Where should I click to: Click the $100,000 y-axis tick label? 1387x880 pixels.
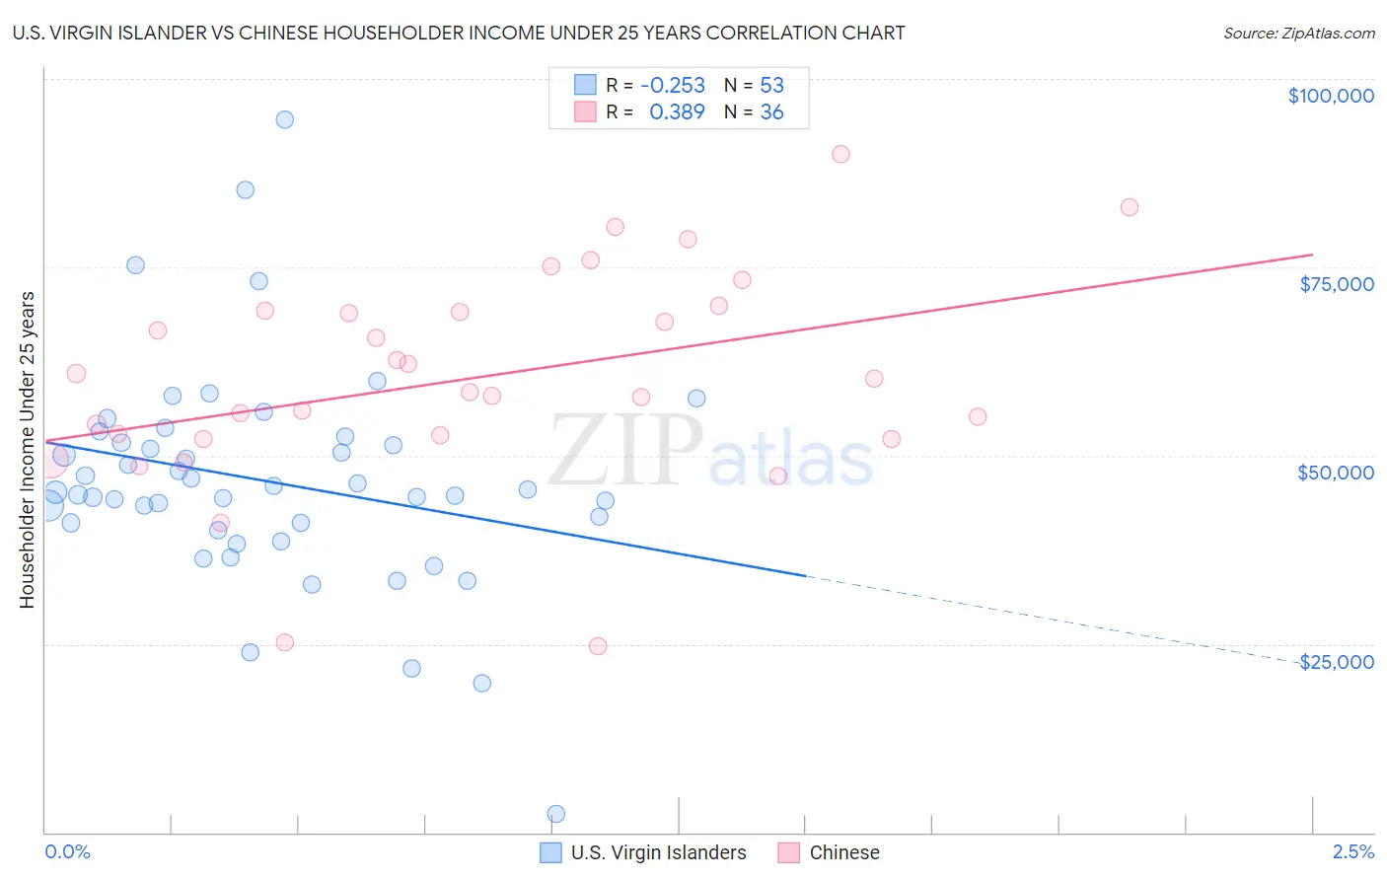[1331, 96]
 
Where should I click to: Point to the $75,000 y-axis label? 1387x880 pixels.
[1337, 284]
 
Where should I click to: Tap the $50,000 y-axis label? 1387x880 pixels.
[1336, 473]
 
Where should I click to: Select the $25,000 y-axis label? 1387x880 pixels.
[1337, 662]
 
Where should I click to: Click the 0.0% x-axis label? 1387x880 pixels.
[67, 852]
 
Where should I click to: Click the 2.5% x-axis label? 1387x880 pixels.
[1352, 852]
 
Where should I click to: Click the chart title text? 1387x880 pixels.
[459, 33]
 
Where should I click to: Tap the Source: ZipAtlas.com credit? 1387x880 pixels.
[1298, 33]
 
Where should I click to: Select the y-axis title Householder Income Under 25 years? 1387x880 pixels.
[27, 449]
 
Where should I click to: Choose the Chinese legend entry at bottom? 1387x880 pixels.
[843, 852]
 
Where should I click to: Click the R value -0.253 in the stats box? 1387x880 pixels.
[673, 85]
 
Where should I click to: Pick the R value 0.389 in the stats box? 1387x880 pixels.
[677, 112]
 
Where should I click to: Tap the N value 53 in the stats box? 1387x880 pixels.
[771, 85]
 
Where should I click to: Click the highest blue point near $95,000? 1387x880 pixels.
[284, 119]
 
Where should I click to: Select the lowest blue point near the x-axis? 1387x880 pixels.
[556, 814]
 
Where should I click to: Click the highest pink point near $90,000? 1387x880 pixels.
[840, 154]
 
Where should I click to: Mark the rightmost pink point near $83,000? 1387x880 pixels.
[1130, 207]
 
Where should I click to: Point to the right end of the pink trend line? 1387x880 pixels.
[1312, 255]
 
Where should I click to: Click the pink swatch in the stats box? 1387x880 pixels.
[586, 112]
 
